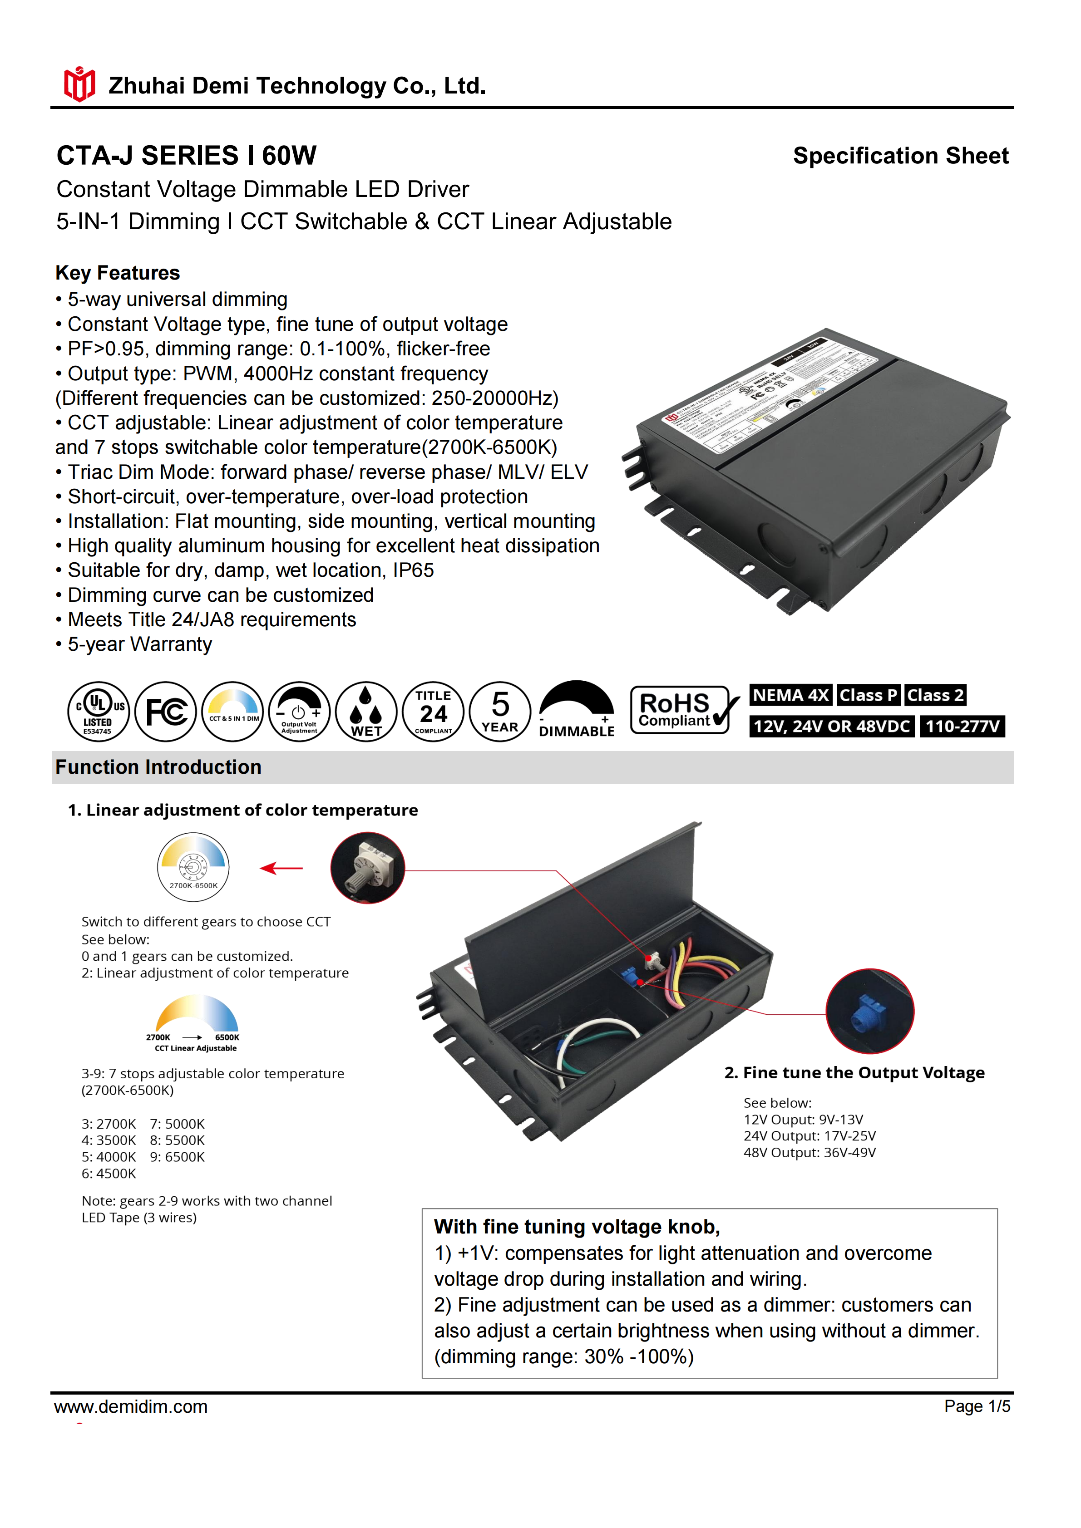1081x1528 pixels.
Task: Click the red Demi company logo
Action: (x=79, y=84)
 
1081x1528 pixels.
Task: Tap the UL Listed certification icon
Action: (x=98, y=712)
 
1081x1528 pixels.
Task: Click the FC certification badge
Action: (x=165, y=712)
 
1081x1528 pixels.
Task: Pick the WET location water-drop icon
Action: (x=366, y=712)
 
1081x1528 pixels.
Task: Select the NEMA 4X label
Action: (x=790, y=695)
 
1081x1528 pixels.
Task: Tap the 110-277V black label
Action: (x=962, y=726)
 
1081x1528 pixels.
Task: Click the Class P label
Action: (x=868, y=695)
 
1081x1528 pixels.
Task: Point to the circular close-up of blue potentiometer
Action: (x=869, y=1011)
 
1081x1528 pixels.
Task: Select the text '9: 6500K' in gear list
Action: (x=177, y=1157)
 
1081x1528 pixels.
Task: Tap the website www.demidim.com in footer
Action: (x=131, y=1407)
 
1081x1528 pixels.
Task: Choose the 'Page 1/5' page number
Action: (x=977, y=1406)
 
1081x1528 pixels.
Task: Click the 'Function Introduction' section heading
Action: (x=158, y=767)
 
